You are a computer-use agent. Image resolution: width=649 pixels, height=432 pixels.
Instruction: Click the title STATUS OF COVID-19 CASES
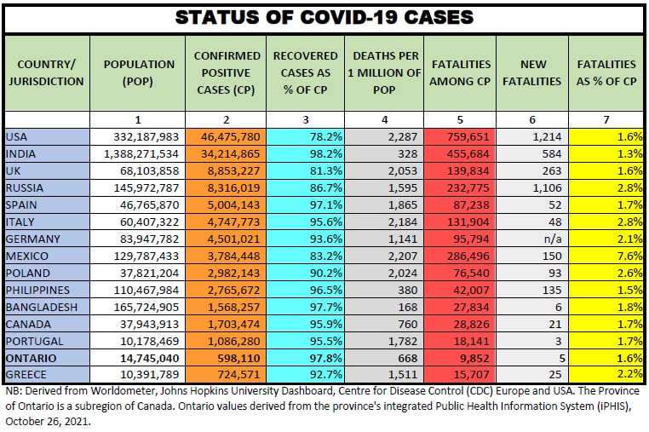pyautogui.click(x=324, y=17)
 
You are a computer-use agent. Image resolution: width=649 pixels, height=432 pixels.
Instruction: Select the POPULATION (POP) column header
pyautogui.click(x=138, y=72)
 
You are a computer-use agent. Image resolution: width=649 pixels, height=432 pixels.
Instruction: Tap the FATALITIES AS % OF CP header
pyautogui.click(x=606, y=72)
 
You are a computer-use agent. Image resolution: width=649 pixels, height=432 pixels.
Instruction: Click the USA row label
pyautogui.click(x=17, y=136)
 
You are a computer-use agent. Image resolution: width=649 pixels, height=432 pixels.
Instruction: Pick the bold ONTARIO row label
pyautogui.click(x=32, y=358)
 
